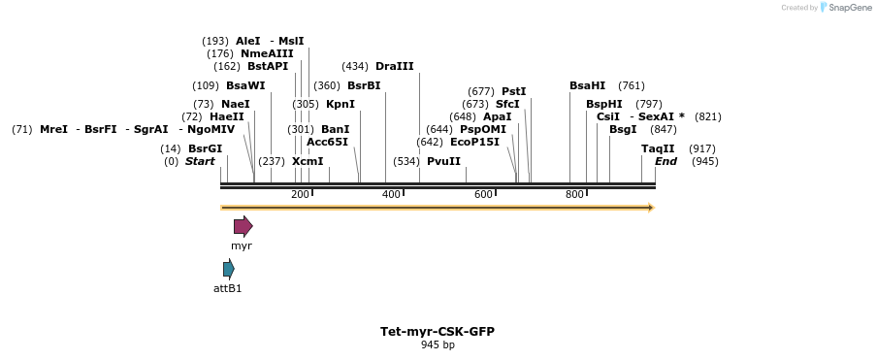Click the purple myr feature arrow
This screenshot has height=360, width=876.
(243, 226)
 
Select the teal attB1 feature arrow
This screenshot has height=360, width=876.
(228, 269)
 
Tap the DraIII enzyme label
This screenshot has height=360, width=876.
(394, 66)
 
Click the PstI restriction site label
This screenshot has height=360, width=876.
(513, 91)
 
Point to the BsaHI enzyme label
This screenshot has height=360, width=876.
(587, 85)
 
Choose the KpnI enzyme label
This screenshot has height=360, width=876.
(340, 104)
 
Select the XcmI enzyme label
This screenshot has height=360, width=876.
(308, 161)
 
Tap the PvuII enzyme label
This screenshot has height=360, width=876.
(443, 161)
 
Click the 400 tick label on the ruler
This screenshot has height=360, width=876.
(391, 195)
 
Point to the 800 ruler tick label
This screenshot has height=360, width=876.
(574, 195)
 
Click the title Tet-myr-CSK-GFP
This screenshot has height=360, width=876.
(438, 331)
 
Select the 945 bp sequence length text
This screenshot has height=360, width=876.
(438, 344)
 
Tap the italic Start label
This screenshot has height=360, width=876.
(200, 161)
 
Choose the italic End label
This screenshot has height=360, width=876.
(665, 161)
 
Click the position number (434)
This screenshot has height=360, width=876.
(355, 66)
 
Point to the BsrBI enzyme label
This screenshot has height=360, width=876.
(364, 85)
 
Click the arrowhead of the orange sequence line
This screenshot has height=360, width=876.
(651, 207)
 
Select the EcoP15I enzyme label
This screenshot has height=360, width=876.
(474, 142)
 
